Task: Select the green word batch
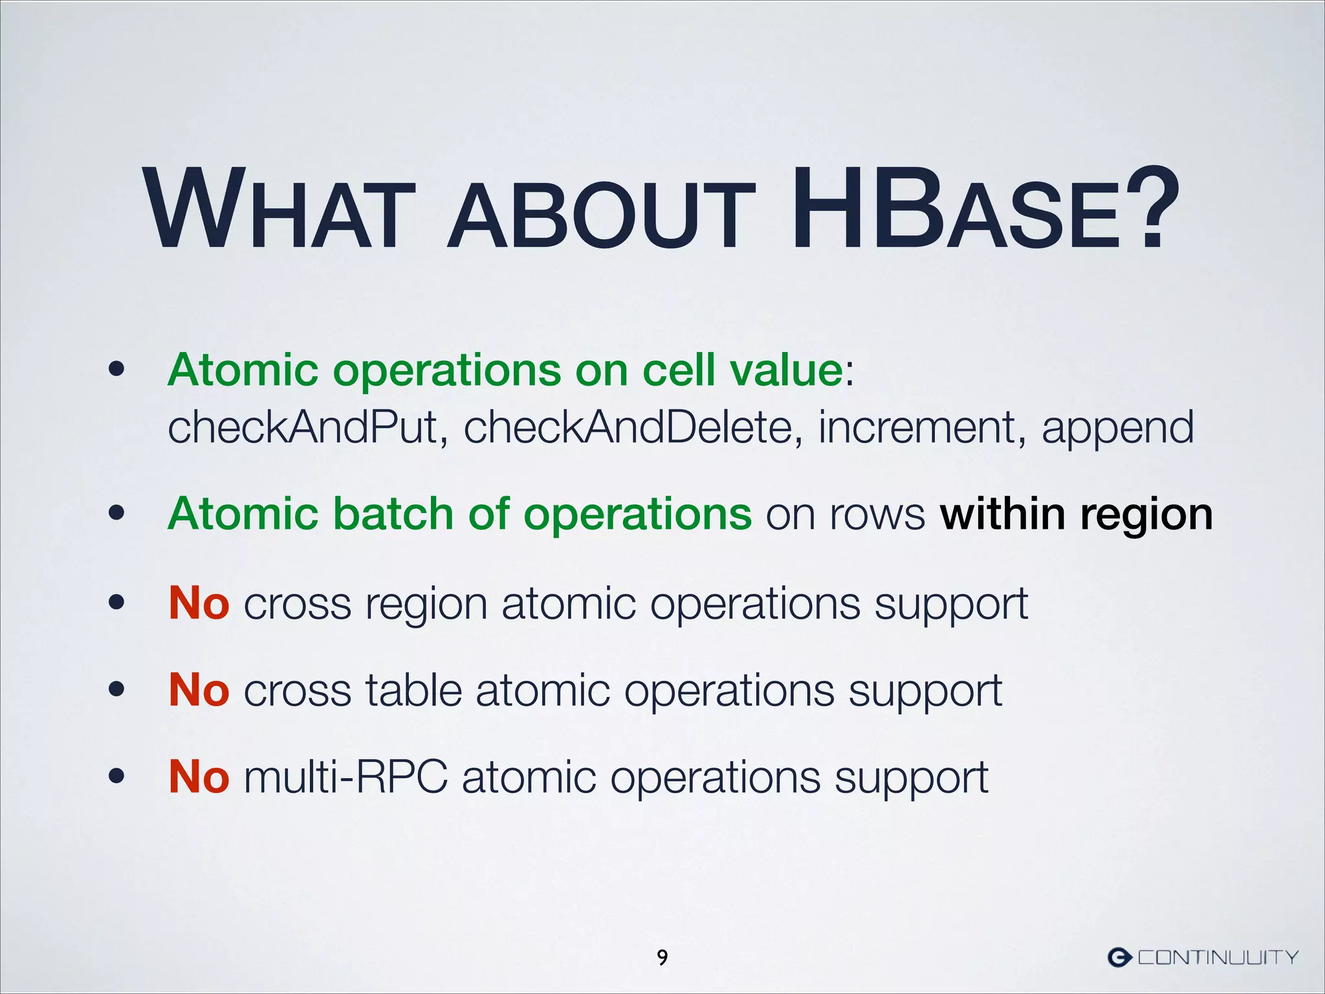coord(393,514)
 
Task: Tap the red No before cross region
coord(199,603)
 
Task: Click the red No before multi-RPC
coord(199,777)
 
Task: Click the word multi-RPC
coord(345,777)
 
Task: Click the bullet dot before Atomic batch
coord(116,514)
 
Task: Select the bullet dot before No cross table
coord(116,690)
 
